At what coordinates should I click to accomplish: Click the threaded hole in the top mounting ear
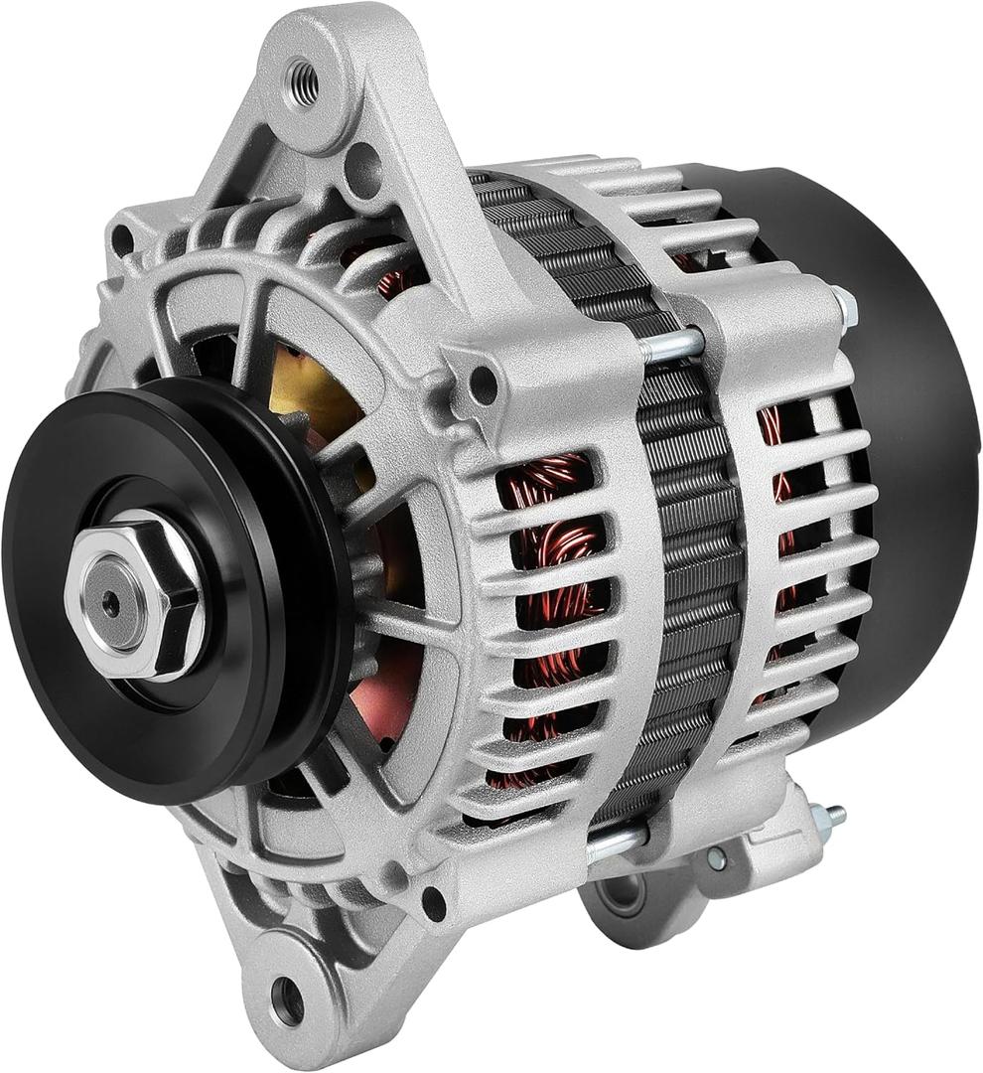pyautogui.click(x=304, y=82)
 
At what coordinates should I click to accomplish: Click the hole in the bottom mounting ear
pyautogui.click(x=287, y=998)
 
